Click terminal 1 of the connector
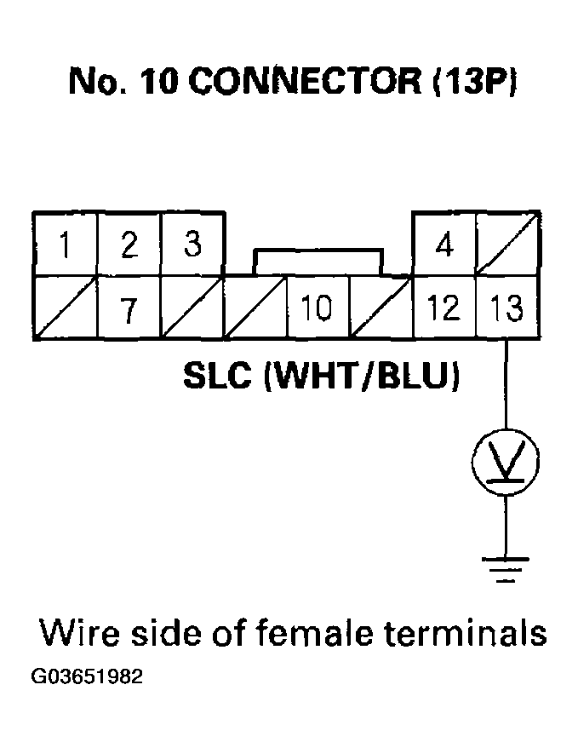[66, 245]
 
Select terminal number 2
[129, 245]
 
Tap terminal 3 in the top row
[192, 245]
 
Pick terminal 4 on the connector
[444, 245]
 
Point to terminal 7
[129, 308]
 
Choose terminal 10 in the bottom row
[317, 308]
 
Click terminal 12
[444, 308]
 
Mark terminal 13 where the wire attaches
[507, 308]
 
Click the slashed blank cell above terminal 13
[507, 245]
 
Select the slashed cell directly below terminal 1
[66, 308]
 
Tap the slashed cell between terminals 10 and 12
[381, 308]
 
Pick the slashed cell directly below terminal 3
[192, 308]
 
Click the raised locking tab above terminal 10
[317, 262]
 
